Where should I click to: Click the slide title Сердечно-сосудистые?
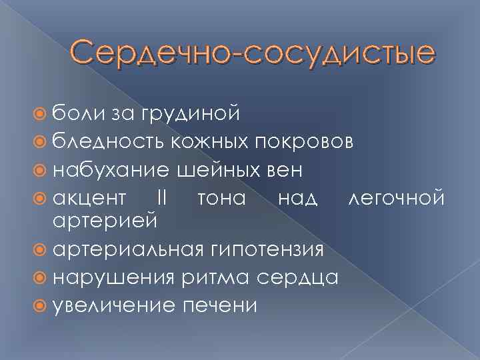click(253, 53)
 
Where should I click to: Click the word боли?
click(76, 114)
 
